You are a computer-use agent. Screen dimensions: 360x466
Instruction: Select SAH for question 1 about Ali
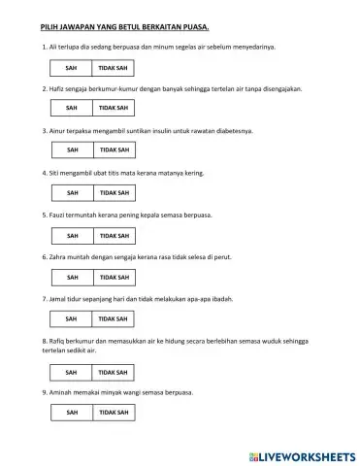point(72,67)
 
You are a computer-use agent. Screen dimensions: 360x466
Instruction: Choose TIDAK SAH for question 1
point(114,67)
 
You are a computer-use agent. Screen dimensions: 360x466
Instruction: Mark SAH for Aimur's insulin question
point(72,150)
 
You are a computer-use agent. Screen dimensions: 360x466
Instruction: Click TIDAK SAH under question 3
point(114,150)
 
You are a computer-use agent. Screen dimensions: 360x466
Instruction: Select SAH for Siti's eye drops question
point(72,192)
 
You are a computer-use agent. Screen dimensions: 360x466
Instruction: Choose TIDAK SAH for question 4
point(114,192)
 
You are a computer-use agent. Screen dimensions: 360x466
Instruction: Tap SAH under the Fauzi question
point(72,235)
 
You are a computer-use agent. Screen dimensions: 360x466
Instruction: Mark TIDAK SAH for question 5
point(114,235)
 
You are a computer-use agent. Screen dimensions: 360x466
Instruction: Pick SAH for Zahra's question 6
point(72,277)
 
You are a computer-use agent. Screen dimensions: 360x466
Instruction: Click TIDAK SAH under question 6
point(114,277)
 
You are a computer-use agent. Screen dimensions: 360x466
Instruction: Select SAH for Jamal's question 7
point(72,318)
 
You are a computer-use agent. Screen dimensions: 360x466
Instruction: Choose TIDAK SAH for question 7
point(114,318)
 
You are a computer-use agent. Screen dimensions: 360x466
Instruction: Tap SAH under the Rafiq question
point(72,371)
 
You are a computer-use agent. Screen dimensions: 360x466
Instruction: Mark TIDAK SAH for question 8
point(114,371)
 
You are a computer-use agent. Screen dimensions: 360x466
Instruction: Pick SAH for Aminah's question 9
point(72,413)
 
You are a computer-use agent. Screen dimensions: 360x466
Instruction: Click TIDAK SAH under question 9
point(114,413)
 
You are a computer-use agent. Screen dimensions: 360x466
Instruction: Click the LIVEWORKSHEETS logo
point(296,453)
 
